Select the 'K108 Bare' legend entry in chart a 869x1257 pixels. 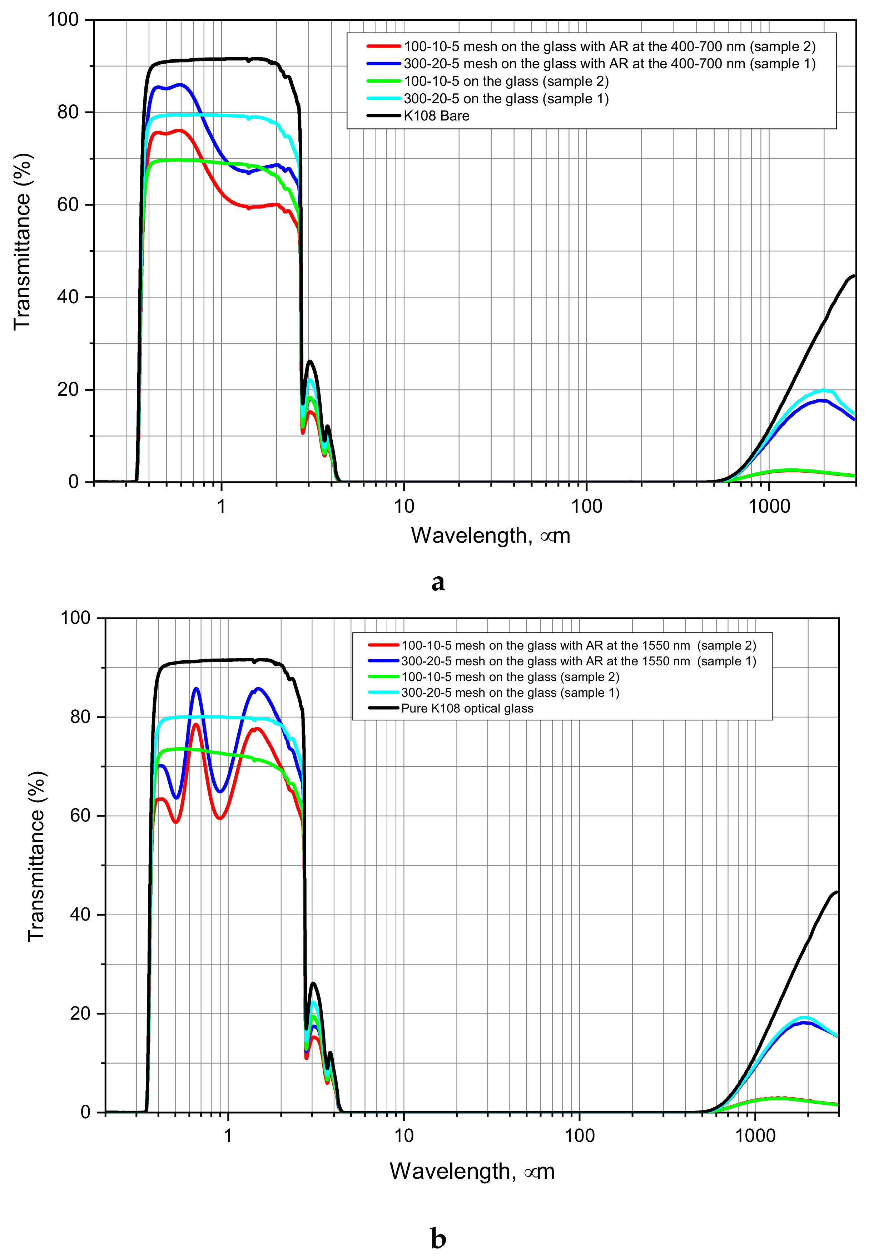click(x=436, y=116)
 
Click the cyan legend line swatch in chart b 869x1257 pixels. click(x=384, y=693)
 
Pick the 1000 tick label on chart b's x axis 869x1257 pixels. click(x=755, y=1136)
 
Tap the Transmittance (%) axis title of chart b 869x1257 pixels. click(x=36, y=856)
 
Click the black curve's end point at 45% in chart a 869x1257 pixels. click(x=854, y=276)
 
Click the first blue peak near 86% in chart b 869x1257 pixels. click(x=197, y=689)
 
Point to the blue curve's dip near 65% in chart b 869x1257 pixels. click(x=220, y=792)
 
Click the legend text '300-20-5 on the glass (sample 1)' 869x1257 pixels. click(x=506, y=99)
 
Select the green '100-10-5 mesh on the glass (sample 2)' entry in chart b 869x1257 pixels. click(x=510, y=677)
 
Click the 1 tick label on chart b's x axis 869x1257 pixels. click(x=228, y=1136)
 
